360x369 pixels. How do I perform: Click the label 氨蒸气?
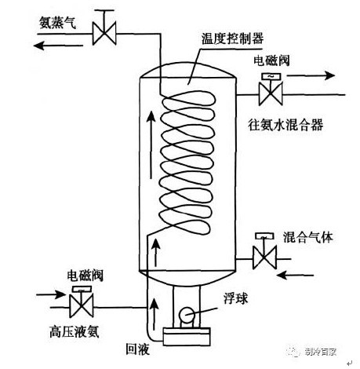click(x=57, y=22)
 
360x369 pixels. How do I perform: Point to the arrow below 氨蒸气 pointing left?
click(x=58, y=46)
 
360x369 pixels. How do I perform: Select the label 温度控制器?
click(x=232, y=38)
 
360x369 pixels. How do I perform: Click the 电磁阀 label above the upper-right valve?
click(x=271, y=60)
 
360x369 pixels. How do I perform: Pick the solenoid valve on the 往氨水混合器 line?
click(x=271, y=90)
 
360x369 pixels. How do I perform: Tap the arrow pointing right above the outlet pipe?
click(x=311, y=75)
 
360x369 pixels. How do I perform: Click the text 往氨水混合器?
click(x=285, y=125)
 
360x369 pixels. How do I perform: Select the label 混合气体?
click(x=308, y=237)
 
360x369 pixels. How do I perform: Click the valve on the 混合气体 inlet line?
click(x=264, y=251)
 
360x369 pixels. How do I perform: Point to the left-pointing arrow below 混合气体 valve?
click(x=295, y=275)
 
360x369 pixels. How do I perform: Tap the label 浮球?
click(x=235, y=298)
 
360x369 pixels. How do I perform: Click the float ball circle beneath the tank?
click(x=187, y=315)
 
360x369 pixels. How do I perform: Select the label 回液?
click(x=137, y=349)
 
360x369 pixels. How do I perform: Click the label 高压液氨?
click(x=75, y=331)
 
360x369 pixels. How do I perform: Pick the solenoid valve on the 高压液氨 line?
click(x=82, y=301)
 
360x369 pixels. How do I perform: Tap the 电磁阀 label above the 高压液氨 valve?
click(x=85, y=276)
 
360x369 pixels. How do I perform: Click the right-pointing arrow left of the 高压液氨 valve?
click(x=51, y=294)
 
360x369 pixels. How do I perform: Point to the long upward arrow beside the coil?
click(x=151, y=144)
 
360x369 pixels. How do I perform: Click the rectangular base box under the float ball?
click(x=187, y=336)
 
